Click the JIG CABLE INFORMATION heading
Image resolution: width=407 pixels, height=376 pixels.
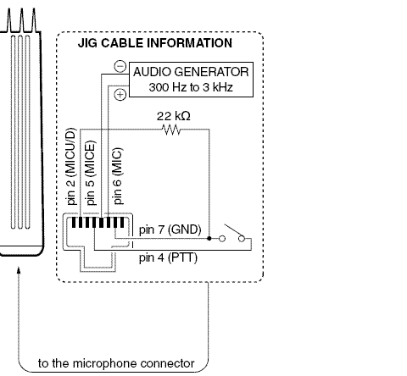click(x=160, y=42)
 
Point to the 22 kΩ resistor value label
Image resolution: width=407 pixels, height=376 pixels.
click(x=173, y=115)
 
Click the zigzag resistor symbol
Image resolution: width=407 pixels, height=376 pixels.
click(x=173, y=130)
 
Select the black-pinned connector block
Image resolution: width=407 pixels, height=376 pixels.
click(x=96, y=224)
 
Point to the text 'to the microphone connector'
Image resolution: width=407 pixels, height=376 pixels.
click(x=117, y=365)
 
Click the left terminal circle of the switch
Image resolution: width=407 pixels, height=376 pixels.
click(x=221, y=240)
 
